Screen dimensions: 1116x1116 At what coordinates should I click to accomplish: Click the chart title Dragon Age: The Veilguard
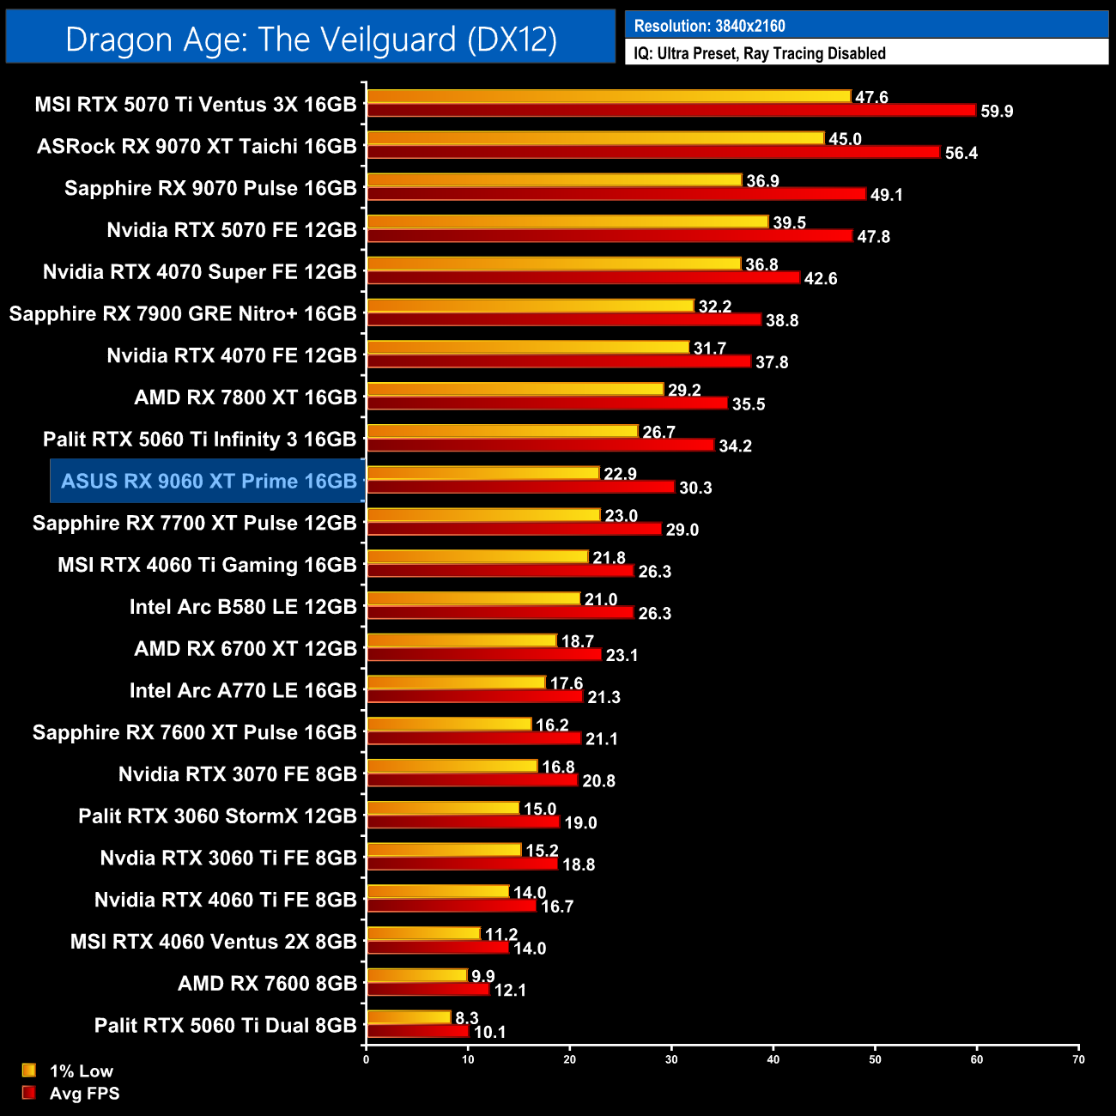(311, 39)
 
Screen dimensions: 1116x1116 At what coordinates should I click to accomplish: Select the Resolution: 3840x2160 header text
(709, 26)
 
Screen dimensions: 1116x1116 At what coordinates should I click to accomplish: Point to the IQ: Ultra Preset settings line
(759, 53)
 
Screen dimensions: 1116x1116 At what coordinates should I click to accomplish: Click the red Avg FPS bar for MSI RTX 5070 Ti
(670, 111)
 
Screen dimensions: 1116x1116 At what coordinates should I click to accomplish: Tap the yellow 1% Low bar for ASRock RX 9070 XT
(595, 138)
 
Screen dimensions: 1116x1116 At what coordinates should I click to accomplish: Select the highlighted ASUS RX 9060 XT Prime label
(209, 481)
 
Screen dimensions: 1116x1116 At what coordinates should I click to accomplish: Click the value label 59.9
(997, 112)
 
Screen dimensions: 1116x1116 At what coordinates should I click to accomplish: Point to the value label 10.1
(490, 1033)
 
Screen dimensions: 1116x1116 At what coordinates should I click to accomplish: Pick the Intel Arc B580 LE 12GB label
(243, 607)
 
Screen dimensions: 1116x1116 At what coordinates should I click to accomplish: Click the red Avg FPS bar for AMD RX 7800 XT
(547, 403)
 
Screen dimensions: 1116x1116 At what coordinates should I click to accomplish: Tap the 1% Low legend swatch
(29, 1071)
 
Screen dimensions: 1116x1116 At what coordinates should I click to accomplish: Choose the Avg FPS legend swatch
(29, 1093)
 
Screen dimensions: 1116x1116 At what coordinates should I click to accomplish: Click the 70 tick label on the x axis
(1078, 1059)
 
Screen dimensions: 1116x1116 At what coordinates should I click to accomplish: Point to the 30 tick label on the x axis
(671, 1059)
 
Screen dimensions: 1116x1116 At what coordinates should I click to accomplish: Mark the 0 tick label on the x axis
(367, 1059)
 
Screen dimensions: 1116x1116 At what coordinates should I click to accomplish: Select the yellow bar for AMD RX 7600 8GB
(417, 976)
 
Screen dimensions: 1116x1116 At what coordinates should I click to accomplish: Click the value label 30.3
(695, 488)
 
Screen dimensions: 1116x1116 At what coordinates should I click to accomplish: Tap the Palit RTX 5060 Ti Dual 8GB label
(225, 1025)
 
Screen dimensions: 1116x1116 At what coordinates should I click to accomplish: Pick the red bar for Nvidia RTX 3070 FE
(472, 780)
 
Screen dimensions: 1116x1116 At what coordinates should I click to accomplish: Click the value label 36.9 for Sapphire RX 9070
(763, 181)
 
